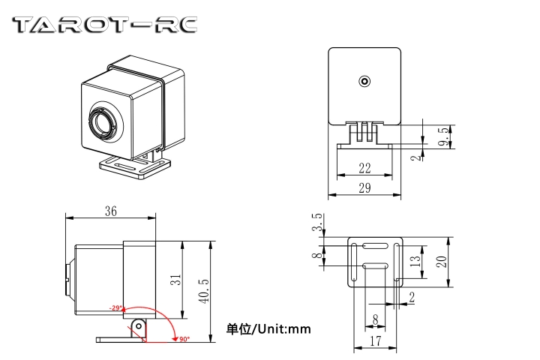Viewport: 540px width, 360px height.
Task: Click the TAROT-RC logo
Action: [x=106, y=25]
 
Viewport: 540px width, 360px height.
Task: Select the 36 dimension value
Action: [x=110, y=212]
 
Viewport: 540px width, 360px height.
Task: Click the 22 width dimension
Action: [x=364, y=168]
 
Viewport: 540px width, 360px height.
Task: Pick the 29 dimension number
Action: [x=364, y=188]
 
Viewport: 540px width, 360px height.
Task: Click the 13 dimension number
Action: [x=415, y=261]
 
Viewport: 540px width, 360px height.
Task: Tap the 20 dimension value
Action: [x=442, y=261]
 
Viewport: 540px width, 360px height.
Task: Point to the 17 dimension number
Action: [x=375, y=340]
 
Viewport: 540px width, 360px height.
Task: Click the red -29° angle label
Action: [x=115, y=307]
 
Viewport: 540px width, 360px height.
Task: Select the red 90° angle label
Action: [x=184, y=339]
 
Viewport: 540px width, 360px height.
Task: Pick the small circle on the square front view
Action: [x=364, y=81]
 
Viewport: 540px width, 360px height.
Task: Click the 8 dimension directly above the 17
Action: [x=375, y=319]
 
